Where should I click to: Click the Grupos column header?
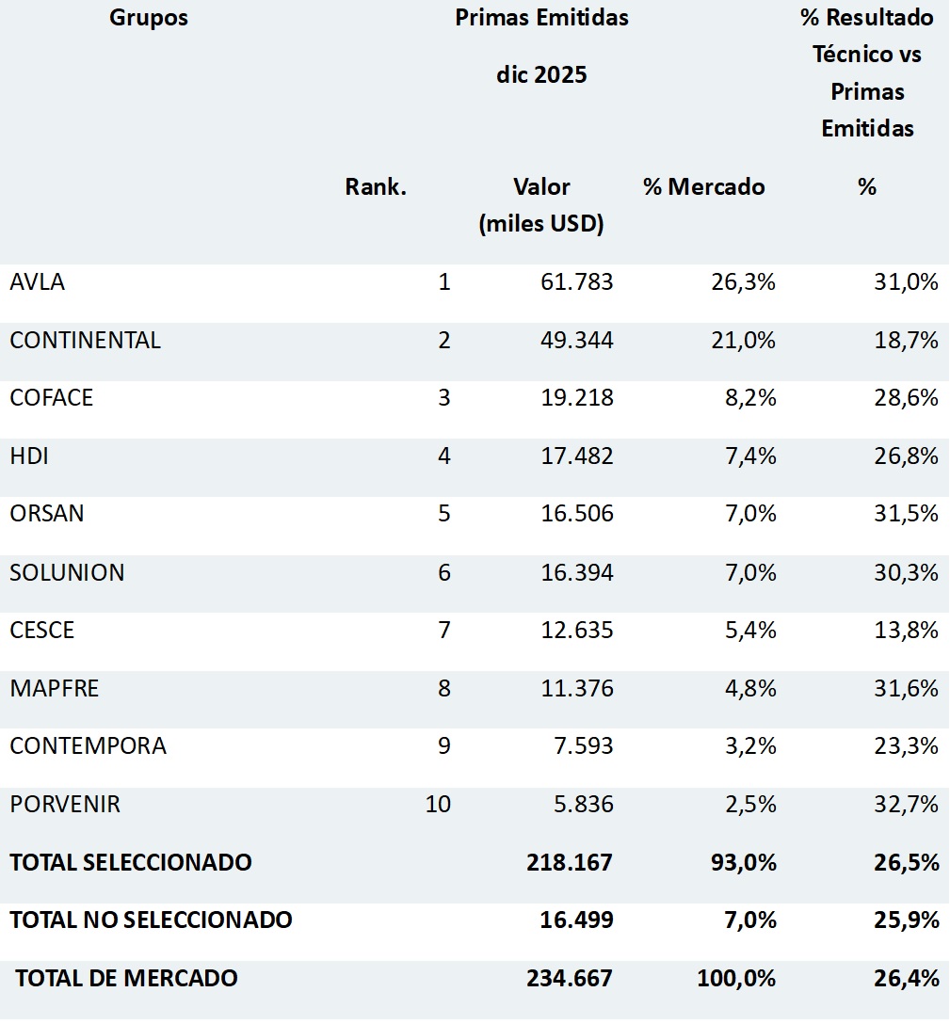(149, 18)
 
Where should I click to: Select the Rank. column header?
(376, 186)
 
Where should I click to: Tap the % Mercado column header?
(703, 186)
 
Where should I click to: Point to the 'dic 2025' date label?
(541, 74)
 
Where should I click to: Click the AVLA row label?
(38, 281)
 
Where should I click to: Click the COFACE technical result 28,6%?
(906, 397)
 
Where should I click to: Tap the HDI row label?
(29, 456)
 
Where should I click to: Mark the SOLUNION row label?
(67, 572)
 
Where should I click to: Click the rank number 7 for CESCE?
(444, 630)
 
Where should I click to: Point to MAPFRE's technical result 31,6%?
(906, 688)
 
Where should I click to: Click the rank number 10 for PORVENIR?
(438, 805)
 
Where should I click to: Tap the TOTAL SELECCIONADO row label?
(131, 862)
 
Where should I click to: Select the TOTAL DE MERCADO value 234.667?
(570, 978)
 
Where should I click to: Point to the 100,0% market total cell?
(736, 978)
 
